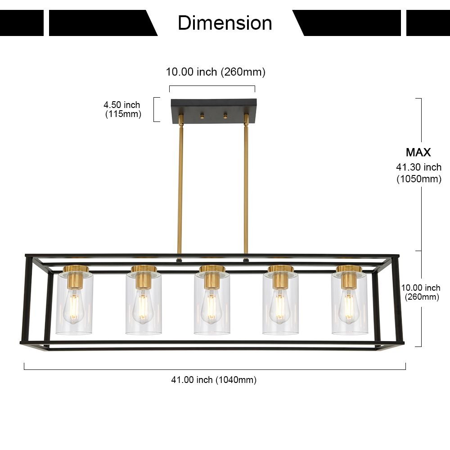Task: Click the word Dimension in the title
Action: tap(225, 23)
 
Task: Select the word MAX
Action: tap(418, 152)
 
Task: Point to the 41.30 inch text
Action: tap(418, 167)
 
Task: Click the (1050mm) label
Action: tap(418, 179)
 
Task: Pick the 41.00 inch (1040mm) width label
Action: tap(214, 380)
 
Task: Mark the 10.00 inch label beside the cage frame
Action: tap(421, 288)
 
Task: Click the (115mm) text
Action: tap(123, 114)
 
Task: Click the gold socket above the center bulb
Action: tap(211, 278)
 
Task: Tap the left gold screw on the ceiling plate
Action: tap(202, 117)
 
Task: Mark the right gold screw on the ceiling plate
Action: tap(225, 117)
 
